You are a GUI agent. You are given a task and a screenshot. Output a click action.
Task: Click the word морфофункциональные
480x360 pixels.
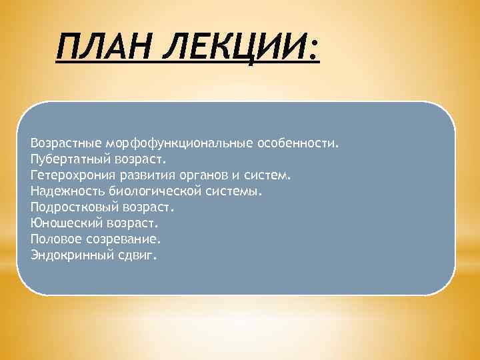pyautogui.click(x=167, y=143)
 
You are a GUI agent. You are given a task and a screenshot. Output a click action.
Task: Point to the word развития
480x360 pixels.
pyautogui.click(x=143, y=175)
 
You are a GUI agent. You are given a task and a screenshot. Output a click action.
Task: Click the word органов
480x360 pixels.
pyautogui.click(x=199, y=175)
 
